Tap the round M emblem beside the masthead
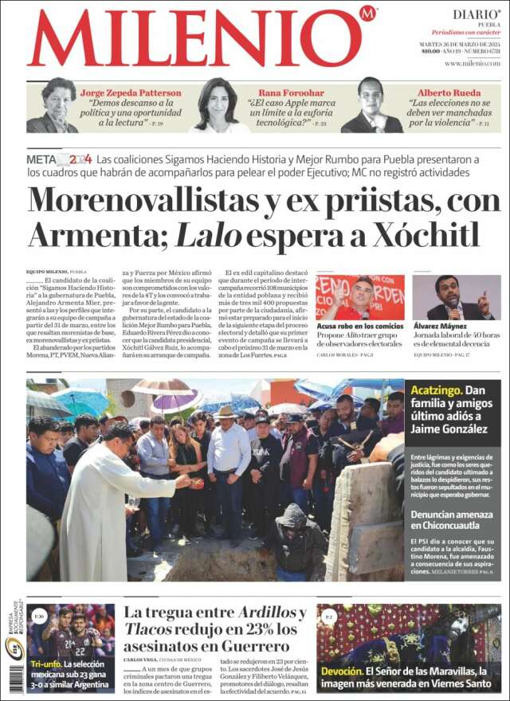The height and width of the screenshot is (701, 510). (367, 14)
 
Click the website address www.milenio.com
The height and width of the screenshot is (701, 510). (473, 64)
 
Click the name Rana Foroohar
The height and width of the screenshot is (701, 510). (291, 92)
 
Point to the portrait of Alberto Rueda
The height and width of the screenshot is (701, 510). (371, 105)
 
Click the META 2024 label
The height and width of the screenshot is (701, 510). (59, 159)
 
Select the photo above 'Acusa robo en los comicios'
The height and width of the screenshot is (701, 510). (359, 297)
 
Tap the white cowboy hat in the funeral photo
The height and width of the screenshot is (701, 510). (226, 412)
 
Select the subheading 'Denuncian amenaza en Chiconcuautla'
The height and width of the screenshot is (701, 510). (452, 521)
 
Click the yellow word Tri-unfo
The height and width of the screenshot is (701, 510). (45, 664)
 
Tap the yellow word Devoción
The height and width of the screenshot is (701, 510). (340, 672)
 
